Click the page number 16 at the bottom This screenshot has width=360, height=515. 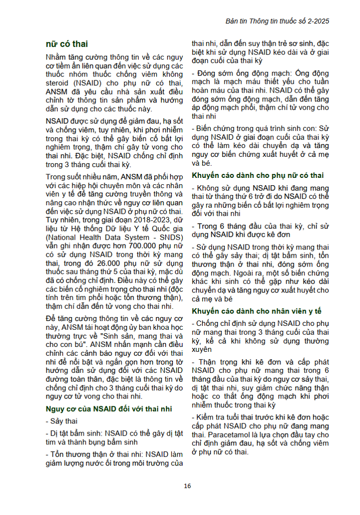point(187,486)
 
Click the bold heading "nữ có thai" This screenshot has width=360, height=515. point(67,44)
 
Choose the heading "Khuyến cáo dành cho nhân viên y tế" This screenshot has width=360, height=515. point(257,311)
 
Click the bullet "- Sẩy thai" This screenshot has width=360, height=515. point(61,421)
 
